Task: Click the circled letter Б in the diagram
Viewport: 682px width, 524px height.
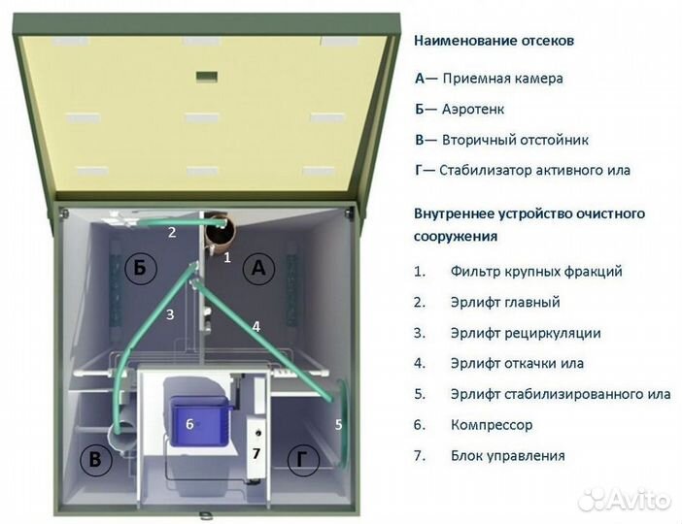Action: pos(140,269)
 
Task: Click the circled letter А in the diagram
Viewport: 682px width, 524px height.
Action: pos(257,269)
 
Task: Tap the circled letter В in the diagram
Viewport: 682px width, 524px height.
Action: pos(94,460)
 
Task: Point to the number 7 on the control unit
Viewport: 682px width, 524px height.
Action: pos(256,453)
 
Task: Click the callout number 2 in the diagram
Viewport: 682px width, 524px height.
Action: pos(171,233)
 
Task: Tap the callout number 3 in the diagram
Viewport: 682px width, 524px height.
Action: pos(169,314)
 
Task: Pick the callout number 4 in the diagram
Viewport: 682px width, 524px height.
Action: pos(256,327)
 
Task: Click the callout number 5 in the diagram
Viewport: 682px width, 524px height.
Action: pos(338,424)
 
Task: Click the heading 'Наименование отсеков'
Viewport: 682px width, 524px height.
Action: pos(494,42)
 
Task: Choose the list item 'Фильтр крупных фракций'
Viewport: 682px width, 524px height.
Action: pos(536,272)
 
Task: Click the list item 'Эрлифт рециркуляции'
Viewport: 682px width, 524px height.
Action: pos(526,333)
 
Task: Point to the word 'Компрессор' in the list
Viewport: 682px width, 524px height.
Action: pos(492,425)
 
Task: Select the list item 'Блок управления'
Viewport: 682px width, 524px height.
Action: pos(507,455)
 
